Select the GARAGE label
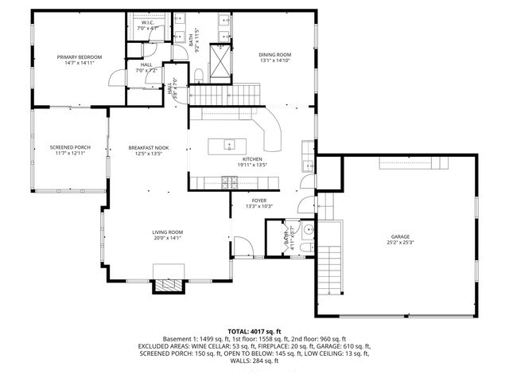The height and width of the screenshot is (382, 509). click(x=399, y=236)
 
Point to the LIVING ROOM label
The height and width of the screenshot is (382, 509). click(x=168, y=232)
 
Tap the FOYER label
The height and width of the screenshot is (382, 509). click(x=259, y=201)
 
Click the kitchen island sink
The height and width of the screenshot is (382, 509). click(x=227, y=145)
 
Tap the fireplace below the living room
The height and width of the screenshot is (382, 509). click(x=168, y=286)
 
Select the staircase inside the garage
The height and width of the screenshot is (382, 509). click(x=329, y=275)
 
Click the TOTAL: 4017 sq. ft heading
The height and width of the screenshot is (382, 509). click(x=254, y=330)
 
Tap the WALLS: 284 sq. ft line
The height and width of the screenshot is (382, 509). click(x=254, y=361)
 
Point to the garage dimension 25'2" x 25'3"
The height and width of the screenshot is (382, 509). click(x=399, y=243)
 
